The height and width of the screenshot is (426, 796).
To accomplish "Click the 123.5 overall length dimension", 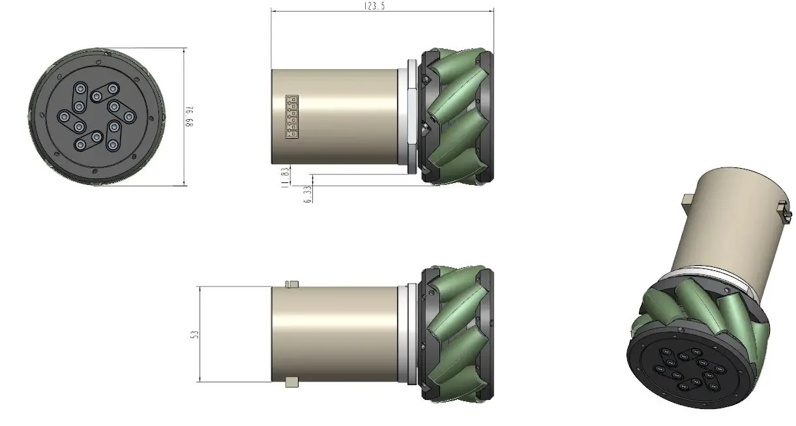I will point(382,6).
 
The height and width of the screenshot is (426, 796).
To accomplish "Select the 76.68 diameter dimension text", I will point(191,117).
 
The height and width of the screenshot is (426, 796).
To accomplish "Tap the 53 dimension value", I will point(194,334).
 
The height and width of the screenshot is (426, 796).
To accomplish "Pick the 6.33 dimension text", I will point(308,193).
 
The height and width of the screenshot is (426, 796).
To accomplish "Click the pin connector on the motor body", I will point(291,117).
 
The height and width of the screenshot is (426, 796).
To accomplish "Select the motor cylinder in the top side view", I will point(336,116).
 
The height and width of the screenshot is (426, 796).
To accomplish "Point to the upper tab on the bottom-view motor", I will point(291,283).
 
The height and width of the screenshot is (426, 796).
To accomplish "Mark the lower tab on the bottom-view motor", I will point(291,381).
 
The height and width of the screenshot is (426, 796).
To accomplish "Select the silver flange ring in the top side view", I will point(410,116).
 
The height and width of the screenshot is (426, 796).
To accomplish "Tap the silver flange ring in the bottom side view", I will point(410,334).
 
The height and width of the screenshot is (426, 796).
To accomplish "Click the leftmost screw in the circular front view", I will point(64,117).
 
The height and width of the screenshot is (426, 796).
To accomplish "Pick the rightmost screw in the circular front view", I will point(129,117).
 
